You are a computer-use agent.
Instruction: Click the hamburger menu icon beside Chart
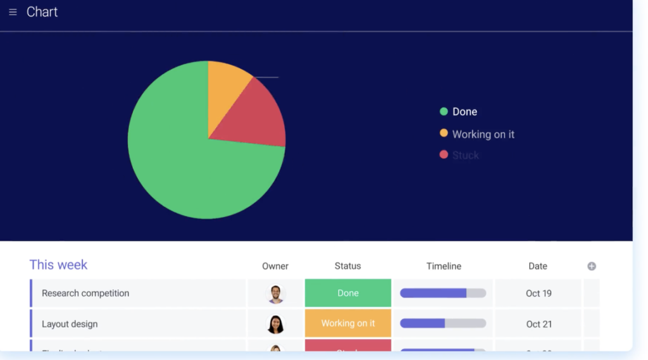(x=13, y=12)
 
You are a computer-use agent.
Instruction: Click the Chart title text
(x=42, y=12)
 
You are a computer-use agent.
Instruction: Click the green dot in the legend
(x=444, y=111)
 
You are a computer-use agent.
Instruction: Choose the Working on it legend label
(x=483, y=134)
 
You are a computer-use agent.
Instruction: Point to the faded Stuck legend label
(x=465, y=155)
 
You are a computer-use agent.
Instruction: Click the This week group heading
(x=58, y=265)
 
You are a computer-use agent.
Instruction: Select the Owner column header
(x=275, y=266)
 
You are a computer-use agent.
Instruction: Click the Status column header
(x=347, y=266)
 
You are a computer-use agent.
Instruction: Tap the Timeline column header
(x=444, y=266)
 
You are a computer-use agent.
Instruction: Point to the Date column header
(x=538, y=266)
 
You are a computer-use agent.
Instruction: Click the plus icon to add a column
(x=592, y=266)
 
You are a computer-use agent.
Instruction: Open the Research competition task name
(x=85, y=293)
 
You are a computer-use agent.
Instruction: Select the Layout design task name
(x=70, y=324)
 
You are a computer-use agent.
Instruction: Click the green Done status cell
(x=348, y=293)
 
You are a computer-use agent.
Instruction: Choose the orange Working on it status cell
(x=348, y=323)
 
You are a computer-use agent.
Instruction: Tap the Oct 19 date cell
(x=539, y=293)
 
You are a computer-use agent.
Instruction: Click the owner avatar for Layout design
(x=275, y=324)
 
